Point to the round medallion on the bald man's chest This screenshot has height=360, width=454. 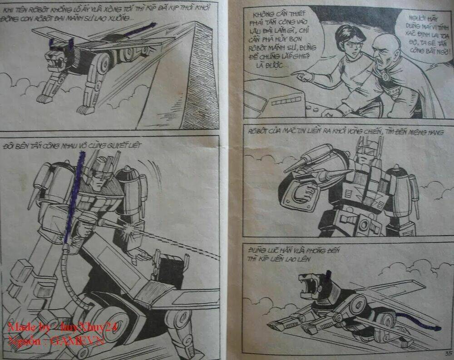pyautogui.click(x=386, y=76)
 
